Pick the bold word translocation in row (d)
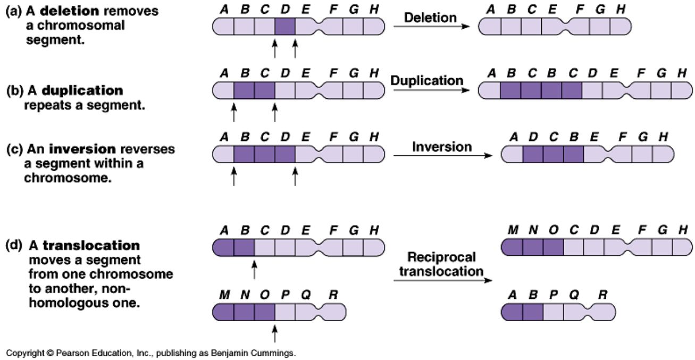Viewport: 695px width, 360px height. pos(91,246)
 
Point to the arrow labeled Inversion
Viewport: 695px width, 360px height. pos(442,155)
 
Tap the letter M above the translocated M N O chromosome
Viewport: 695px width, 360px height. pos(513,230)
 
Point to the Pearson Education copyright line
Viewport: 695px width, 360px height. pos(150,352)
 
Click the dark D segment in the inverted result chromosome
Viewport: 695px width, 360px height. pos(533,155)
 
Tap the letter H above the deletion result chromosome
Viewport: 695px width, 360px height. pos(620,10)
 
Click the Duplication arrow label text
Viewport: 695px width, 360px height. pos(427,81)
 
